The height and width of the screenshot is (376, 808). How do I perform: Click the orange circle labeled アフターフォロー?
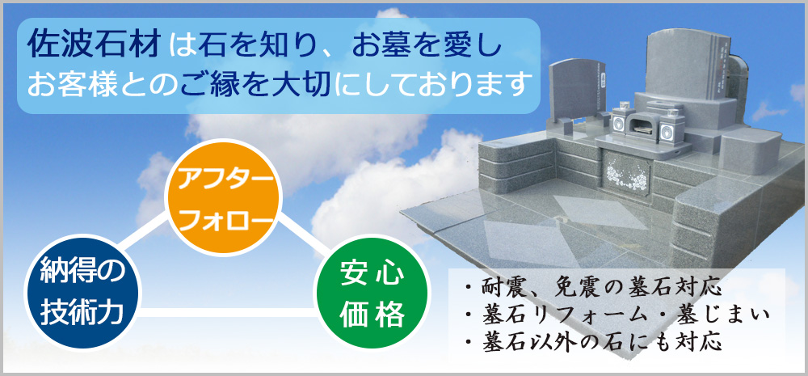tap(223, 197)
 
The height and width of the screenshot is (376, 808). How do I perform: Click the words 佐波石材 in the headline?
tap(96, 45)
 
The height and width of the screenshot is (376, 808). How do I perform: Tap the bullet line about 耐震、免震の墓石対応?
tap(591, 287)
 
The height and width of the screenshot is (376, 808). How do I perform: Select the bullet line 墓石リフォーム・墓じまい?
tap(617, 314)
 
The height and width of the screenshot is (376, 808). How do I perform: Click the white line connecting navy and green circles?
tap(227, 312)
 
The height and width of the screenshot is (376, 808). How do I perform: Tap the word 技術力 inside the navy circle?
tap(82, 311)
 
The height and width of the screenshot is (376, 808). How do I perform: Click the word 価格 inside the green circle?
tap(372, 311)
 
